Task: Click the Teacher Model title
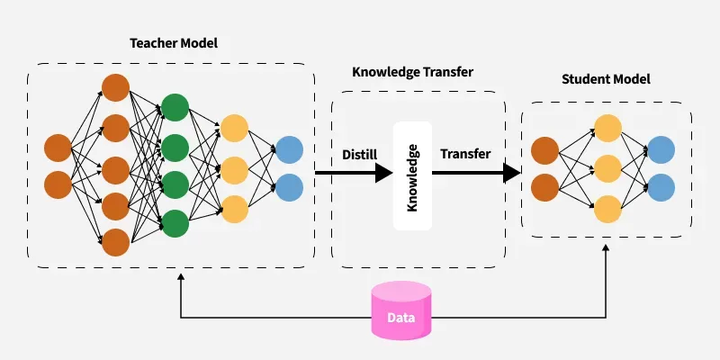pos(174,43)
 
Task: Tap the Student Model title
pos(606,79)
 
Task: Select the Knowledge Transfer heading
pos(413,72)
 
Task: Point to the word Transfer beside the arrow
pos(465,154)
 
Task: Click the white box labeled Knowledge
pos(413,175)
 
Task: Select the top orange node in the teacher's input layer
pos(58,147)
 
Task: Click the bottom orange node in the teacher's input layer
pos(58,184)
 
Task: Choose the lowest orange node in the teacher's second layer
pos(115,242)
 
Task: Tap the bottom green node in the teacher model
pos(174,222)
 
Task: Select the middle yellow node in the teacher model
pos(234,168)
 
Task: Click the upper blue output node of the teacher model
pos(290,148)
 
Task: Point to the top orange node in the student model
pos(545,148)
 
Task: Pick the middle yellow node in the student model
pos(607,168)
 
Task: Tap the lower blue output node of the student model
pos(661,187)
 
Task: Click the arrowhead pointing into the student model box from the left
pos(512,173)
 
